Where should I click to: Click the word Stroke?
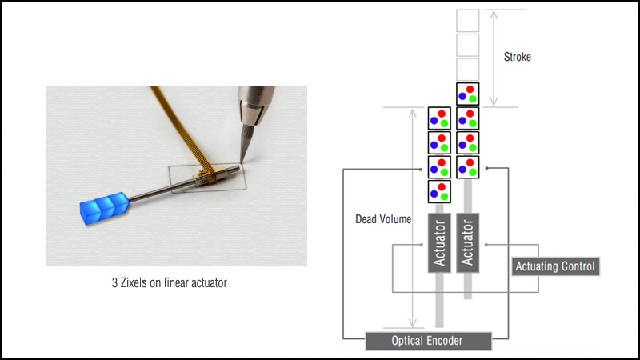pyautogui.click(x=518, y=57)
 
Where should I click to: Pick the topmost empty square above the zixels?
pyautogui.click(x=468, y=20)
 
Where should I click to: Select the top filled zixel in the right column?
pyautogui.click(x=468, y=94)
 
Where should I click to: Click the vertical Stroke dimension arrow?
pyautogui.click(x=494, y=58)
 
